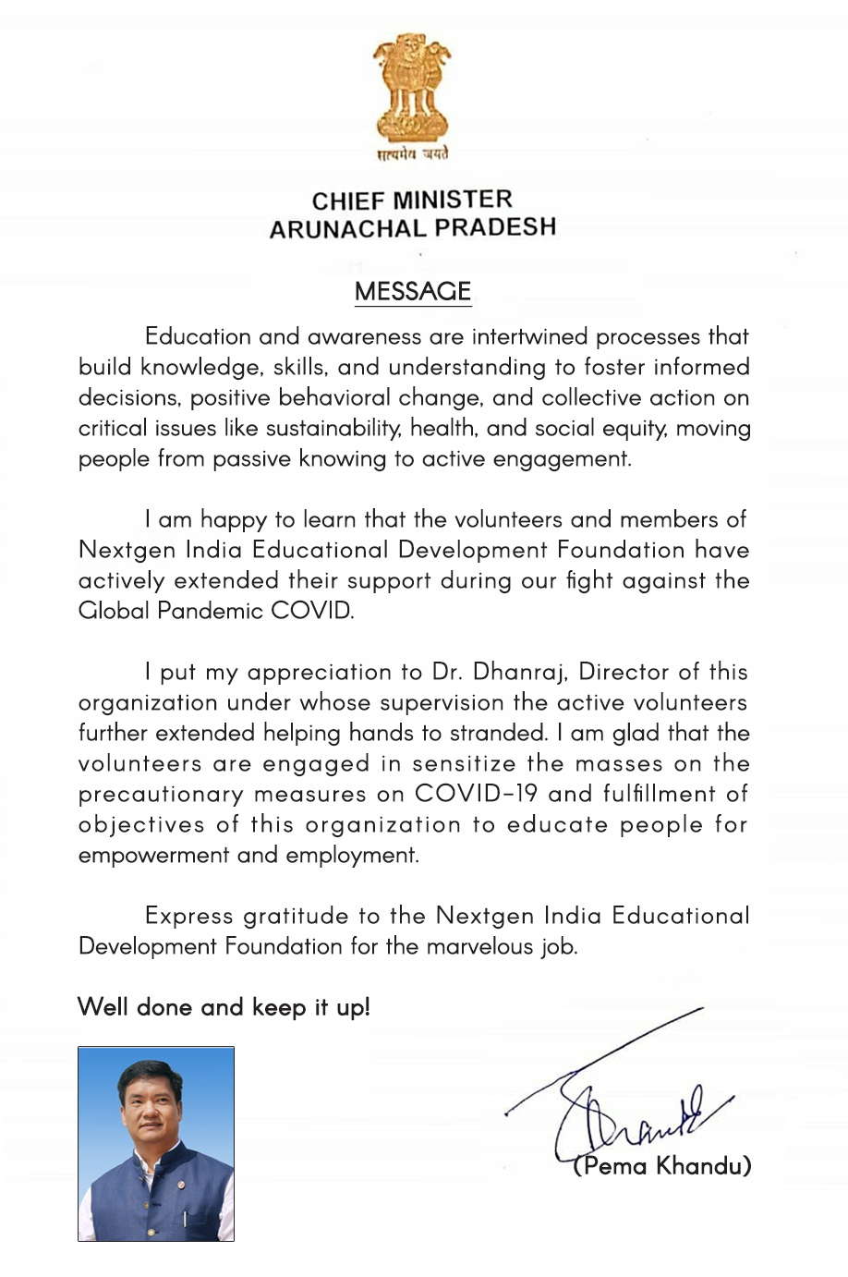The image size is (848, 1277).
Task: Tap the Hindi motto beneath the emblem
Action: [x=412, y=153]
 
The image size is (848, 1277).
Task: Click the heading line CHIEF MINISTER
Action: [x=412, y=200]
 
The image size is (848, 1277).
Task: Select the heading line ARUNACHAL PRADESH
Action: [x=412, y=227]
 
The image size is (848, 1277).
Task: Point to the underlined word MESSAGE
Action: [x=413, y=291]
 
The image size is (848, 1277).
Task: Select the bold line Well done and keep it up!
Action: [x=224, y=1006]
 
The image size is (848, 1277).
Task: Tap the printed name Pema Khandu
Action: [x=662, y=1165]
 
